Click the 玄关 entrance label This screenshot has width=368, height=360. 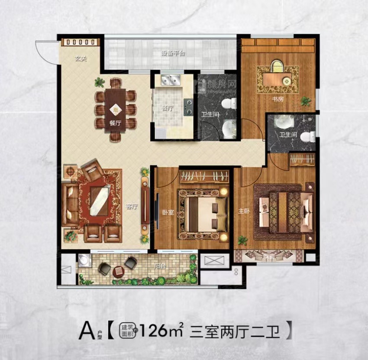point(79,59)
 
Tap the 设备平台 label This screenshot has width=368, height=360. point(174,54)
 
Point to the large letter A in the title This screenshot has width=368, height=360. point(86,331)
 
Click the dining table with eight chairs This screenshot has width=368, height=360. point(115,109)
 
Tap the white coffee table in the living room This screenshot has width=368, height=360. point(99,199)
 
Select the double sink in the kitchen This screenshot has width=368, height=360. point(171,80)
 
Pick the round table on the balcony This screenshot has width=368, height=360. point(118,271)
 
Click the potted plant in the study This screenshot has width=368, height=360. point(306,101)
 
